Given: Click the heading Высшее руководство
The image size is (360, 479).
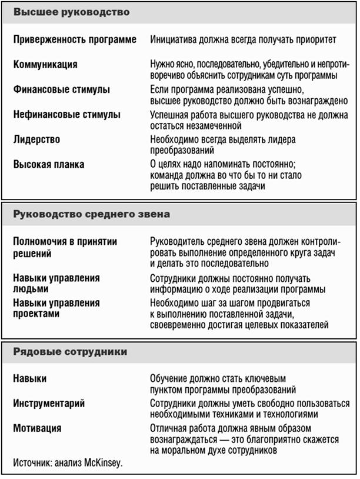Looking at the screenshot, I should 71,12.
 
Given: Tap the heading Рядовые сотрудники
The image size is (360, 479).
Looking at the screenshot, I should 70,352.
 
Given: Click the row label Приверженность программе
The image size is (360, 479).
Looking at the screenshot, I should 75,40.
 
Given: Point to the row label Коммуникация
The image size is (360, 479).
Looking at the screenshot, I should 45,65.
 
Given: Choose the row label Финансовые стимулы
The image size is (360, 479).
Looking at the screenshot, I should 62,89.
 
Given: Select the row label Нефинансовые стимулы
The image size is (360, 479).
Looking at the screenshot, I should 67,115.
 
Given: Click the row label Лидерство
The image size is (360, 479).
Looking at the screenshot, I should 36,140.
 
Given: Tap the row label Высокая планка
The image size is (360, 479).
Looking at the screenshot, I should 49,165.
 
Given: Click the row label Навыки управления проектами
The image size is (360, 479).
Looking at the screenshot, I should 56,309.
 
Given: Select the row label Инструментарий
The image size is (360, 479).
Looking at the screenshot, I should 49,404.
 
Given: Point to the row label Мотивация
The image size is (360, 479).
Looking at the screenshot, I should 37,428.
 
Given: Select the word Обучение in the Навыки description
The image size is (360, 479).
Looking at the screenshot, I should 170,379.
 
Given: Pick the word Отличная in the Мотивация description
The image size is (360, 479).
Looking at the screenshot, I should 169,428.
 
